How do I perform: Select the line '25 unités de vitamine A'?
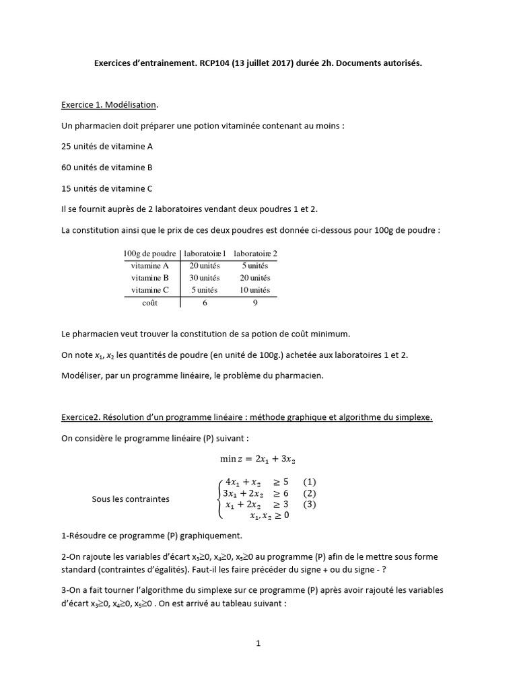pos(108,146)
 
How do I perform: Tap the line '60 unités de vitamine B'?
pos(108,168)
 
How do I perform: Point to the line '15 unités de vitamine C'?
pos(108,189)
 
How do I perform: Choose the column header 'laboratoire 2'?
pos(255,254)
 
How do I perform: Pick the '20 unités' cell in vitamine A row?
pos(205,266)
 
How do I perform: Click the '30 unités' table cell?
pos(205,278)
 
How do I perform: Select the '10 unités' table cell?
pos(255,290)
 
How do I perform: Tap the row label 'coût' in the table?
pos(150,303)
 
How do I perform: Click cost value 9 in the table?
pos(255,303)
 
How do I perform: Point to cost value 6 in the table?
pos(205,303)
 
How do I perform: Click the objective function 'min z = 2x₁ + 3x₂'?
pos(258,459)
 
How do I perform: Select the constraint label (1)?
pos(310,482)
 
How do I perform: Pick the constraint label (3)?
pos(310,505)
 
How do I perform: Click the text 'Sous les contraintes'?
pos(131,499)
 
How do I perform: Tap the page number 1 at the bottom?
pos(258,643)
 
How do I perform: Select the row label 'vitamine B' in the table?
pos(150,278)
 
